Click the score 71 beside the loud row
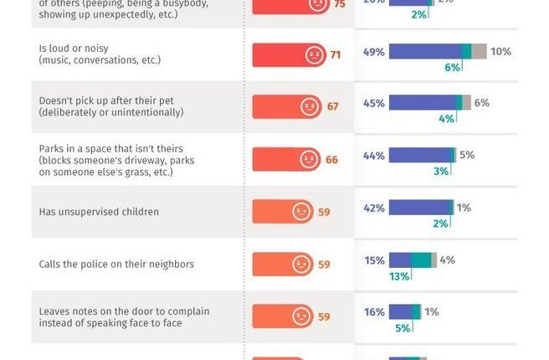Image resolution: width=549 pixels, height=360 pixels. point(336,55)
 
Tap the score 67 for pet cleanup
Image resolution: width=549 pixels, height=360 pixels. point(332,107)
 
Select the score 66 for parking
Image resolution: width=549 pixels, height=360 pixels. point(331,159)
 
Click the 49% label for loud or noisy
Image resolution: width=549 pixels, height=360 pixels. point(374,52)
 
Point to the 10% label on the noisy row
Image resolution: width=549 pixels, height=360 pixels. point(500,52)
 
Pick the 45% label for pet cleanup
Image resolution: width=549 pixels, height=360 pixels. point(374,103)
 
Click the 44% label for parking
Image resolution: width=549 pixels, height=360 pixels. point(374,156)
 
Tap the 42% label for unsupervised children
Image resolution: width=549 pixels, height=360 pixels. point(374,208)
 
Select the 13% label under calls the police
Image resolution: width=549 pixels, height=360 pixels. point(399,276)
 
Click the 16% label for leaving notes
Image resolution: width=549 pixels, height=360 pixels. point(374,311)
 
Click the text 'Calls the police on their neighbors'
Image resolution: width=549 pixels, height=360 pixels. point(116,264)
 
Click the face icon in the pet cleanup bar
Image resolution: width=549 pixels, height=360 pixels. point(309,107)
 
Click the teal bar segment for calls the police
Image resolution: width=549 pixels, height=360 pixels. point(421,260)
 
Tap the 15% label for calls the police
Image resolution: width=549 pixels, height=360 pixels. point(374,260)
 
